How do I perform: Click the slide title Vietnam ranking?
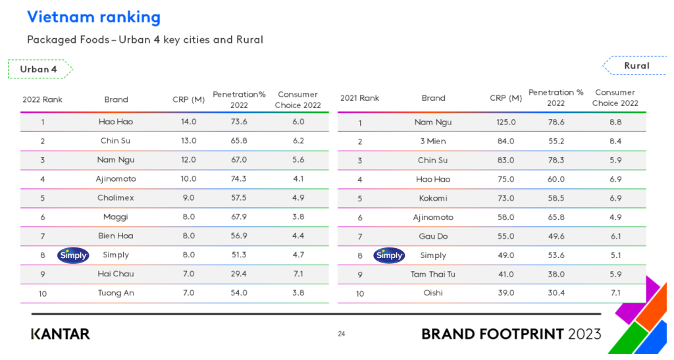[x=93, y=17]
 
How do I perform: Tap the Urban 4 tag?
[x=39, y=69]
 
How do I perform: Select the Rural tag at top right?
[x=636, y=66]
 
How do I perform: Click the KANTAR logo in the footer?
[x=61, y=334]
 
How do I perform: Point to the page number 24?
[x=341, y=334]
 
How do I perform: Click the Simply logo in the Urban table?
[x=73, y=255]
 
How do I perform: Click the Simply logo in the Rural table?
[x=389, y=255]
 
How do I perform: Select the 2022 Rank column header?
[x=42, y=99]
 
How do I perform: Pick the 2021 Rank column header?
[x=359, y=98]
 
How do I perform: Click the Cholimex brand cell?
[x=116, y=198]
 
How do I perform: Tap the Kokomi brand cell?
[x=433, y=198]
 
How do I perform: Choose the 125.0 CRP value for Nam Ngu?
[x=505, y=122]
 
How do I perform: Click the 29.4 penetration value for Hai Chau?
[x=238, y=274]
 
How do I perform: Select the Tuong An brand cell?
[x=116, y=293]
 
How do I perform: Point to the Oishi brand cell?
[x=433, y=293]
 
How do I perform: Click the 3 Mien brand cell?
[x=433, y=141]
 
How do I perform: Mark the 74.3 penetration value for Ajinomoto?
[x=238, y=179]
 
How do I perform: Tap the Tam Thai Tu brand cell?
[x=433, y=274]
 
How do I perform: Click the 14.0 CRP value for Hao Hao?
[x=189, y=122]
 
